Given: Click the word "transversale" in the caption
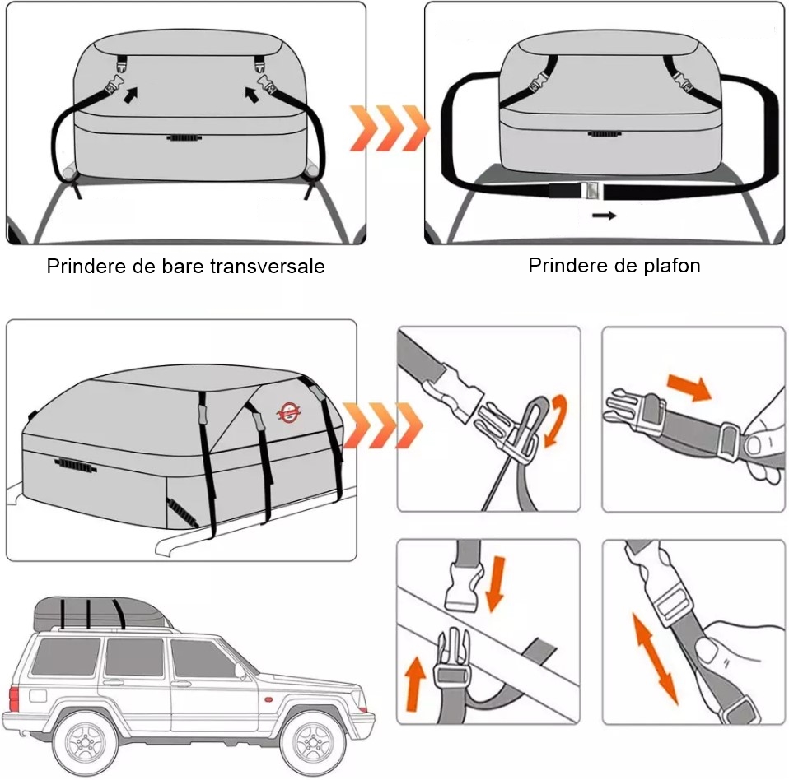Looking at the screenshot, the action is (267, 266).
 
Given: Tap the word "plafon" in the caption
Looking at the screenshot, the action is (671, 266).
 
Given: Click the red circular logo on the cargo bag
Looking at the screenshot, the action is (289, 412).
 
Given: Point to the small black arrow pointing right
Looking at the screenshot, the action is (604, 216).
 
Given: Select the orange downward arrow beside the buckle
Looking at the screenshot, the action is (495, 583).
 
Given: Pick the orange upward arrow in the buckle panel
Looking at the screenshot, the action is (414, 684).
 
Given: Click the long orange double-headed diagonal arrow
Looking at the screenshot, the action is (655, 658).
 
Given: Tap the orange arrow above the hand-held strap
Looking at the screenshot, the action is (689, 386).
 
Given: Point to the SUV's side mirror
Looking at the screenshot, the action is (240, 671).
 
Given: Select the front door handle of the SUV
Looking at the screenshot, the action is (181, 684).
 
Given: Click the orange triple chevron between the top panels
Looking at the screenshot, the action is (390, 128).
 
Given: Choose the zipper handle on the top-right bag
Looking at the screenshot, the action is (604, 133).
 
